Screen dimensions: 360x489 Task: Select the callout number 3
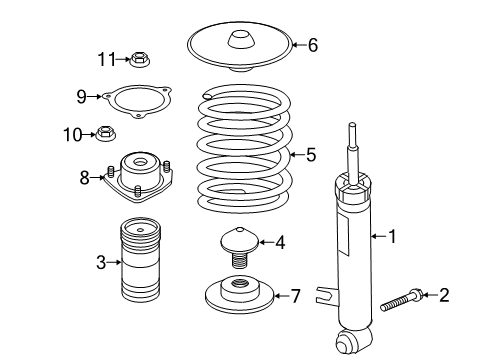tap(101, 263)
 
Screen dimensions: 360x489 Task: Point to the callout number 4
tap(281, 240)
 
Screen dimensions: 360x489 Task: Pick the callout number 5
tap(310, 155)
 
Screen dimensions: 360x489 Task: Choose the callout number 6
tap(312, 45)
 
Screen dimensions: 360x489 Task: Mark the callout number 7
tap(294, 295)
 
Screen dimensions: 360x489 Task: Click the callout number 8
tap(84, 178)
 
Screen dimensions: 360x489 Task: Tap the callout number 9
tap(82, 96)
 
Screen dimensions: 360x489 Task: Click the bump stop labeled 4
tap(239, 245)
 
